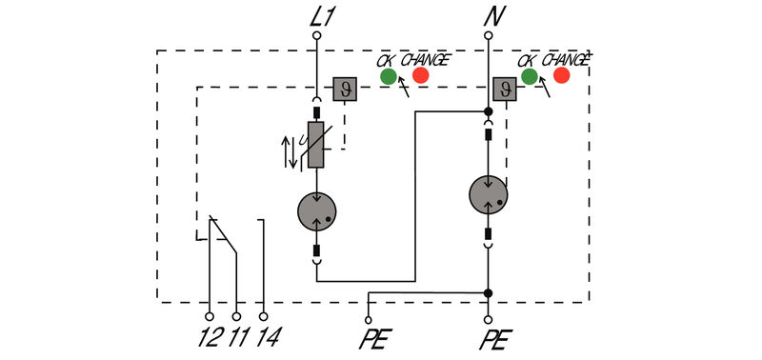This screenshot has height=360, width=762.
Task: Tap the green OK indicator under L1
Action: click(388, 76)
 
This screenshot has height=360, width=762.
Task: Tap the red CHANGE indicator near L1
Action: click(420, 76)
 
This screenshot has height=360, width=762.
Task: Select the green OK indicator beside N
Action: click(529, 76)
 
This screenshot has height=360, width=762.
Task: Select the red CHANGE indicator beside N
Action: click(561, 76)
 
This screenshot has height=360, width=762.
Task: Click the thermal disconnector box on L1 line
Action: click(344, 90)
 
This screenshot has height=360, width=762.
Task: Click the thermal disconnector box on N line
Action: click(504, 90)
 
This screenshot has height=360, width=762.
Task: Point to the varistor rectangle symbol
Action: click(315, 145)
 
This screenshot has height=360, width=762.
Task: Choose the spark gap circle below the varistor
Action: click(315, 210)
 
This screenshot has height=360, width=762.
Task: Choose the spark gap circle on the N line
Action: click(488, 195)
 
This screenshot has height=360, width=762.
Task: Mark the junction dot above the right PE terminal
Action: click(488, 292)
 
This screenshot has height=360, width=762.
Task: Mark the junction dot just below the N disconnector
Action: click(488, 111)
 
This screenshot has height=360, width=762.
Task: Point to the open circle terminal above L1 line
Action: click(315, 35)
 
